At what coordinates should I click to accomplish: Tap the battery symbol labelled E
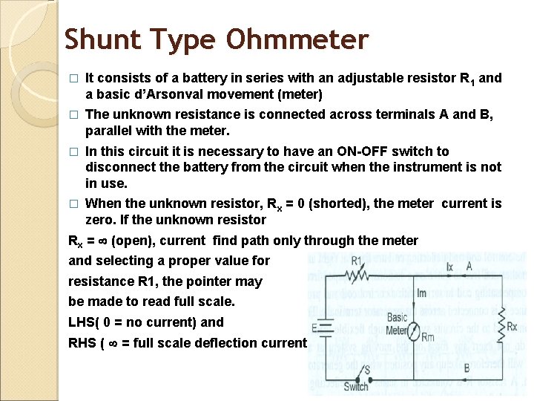325,327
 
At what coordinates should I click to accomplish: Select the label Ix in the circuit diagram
450,265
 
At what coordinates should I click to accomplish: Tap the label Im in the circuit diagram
421,293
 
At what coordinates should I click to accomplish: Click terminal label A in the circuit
469,265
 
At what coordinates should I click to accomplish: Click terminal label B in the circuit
466,368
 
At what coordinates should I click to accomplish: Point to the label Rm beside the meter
428,339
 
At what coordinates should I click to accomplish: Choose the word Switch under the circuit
356,387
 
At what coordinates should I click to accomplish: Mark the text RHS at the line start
83,343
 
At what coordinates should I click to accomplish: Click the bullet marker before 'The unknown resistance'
73,115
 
